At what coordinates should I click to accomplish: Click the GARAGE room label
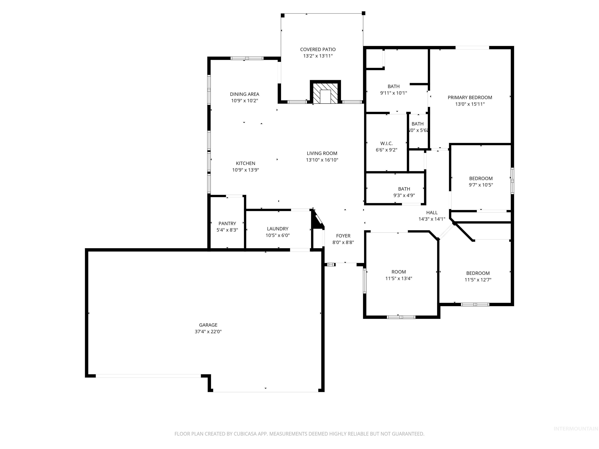point(208,325)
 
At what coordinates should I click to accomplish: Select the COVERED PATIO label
point(318,49)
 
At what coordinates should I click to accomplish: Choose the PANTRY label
point(227,224)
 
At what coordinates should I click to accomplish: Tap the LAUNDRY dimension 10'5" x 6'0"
point(278,235)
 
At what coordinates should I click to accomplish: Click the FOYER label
point(343,236)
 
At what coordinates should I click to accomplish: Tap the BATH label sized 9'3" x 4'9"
point(404,189)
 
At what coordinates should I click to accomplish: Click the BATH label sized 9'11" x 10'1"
point(393,87)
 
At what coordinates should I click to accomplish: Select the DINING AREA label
point(245,94)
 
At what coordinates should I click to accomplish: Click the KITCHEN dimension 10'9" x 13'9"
point(246,170)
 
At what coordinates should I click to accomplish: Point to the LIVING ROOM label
point(322,153)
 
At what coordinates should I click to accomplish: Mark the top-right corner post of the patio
point(363,13)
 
